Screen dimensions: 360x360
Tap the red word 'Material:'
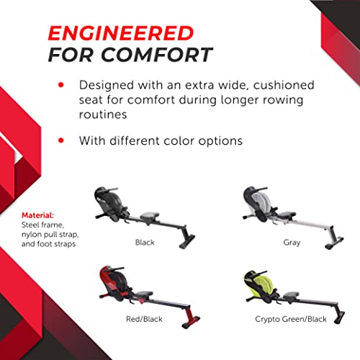point(37,214)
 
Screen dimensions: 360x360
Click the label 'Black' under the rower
point(145,243)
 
